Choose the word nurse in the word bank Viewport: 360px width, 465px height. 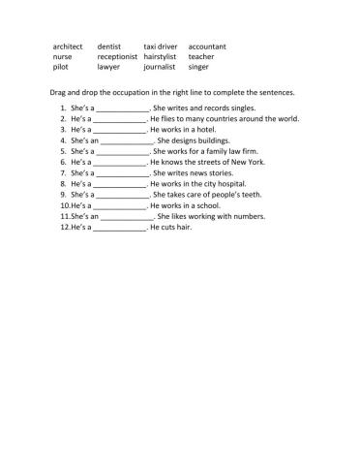62,57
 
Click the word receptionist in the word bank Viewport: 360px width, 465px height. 119,57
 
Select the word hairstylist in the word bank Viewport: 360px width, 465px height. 163,57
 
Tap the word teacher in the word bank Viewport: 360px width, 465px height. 202,57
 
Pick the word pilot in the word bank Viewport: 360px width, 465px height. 61,68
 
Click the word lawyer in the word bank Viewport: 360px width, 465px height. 109,68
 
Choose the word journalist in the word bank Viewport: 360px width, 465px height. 161,68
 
